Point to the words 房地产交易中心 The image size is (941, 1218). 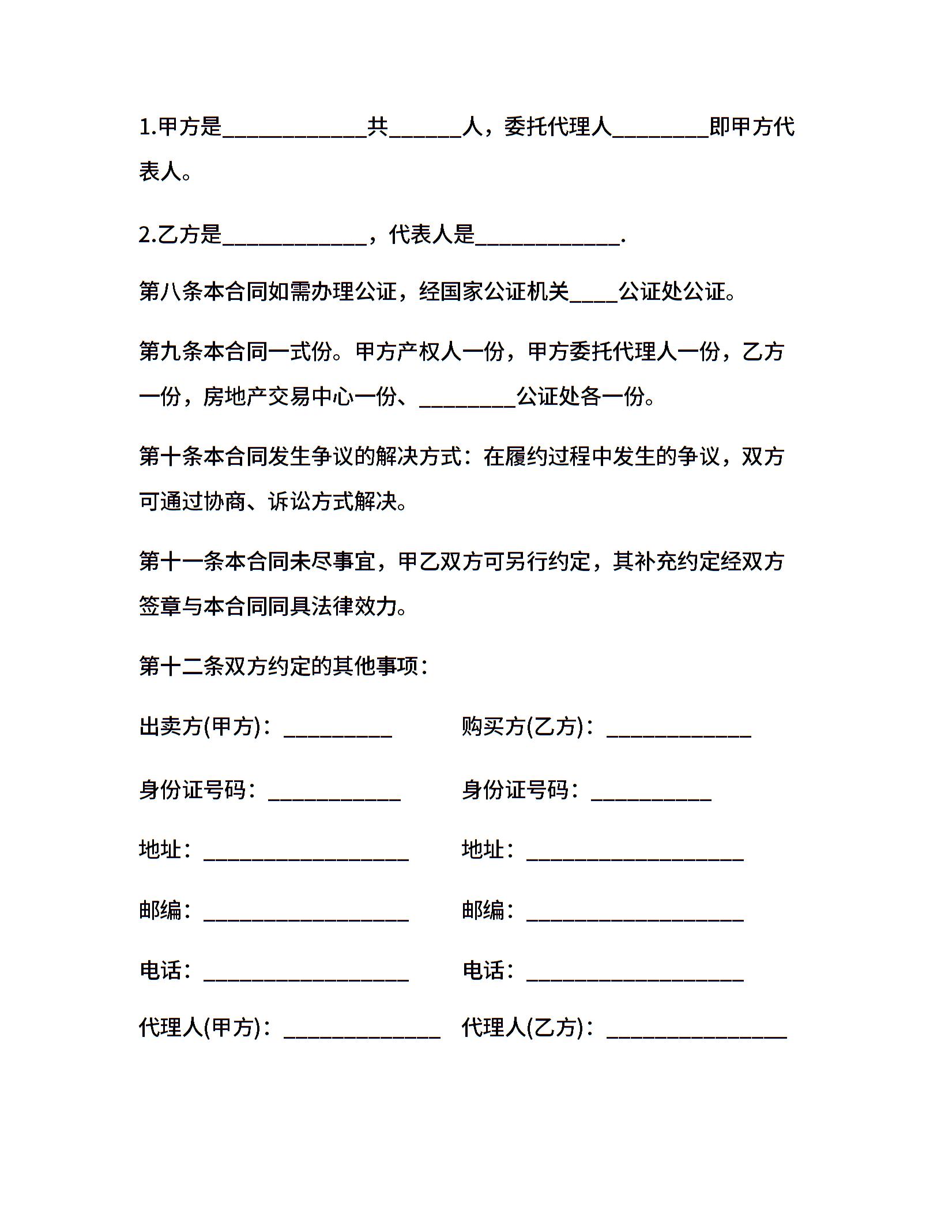pos(278,397)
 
